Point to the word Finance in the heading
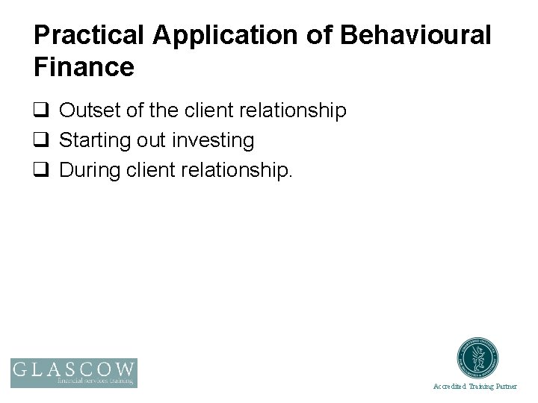pyautogui.click(x=84, y=68)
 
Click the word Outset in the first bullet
pyautogui.click(x=85, y=111)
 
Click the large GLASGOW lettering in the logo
pyautogui.click(x=73, y=369)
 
